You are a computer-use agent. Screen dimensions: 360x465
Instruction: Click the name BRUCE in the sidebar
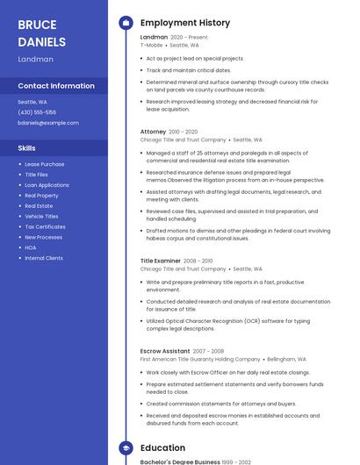point(37,25)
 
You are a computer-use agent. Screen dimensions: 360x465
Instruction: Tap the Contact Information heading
point(56,86)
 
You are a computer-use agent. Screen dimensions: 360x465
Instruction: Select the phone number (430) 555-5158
point(37,112)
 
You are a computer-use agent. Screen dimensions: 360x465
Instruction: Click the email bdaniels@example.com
point(48,123)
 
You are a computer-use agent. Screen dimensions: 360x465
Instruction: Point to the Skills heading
point(27,148)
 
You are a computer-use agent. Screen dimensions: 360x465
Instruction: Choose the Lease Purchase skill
point(44,164)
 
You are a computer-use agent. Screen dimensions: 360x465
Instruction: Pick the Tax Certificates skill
point(45,226)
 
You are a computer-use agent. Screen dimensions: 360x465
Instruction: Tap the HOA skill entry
point(31,247)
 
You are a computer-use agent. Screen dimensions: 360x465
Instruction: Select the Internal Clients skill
point(44,258)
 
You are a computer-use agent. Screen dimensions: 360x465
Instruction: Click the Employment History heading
point(185,23)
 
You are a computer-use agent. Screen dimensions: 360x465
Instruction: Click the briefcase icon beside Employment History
point(125,23)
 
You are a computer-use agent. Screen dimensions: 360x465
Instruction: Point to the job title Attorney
point(153,132)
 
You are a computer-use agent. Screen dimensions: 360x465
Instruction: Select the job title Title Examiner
point(161,261)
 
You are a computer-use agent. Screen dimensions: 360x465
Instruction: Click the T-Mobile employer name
point(152,44)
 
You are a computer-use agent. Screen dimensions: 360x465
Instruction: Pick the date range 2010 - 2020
point(184,132)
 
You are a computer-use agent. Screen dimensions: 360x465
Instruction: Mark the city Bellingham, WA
point(286,359)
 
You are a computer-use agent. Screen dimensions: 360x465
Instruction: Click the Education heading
point(162,448)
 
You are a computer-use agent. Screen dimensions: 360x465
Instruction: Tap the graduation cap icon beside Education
point(125,448)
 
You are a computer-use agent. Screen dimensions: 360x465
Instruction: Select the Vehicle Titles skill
point(41,216)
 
